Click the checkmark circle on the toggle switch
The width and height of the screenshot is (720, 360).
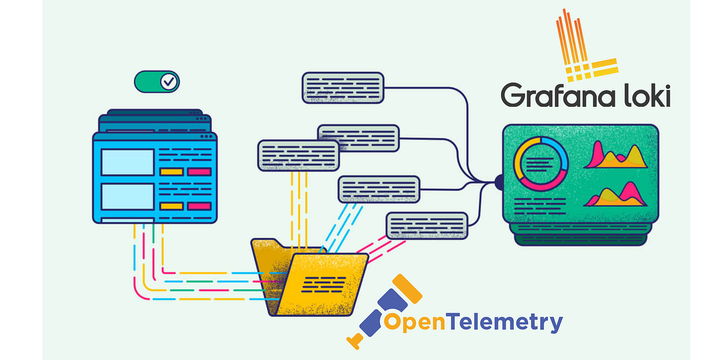pyautogui.click(x=169, y=82)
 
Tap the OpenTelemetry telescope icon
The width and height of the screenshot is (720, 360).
pyautogui.click(x=384, y=312)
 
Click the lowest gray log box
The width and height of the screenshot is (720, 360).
pyautogui.click(x=427, y=226)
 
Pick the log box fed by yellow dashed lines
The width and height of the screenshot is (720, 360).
pyautogui.click(x=298, y=155)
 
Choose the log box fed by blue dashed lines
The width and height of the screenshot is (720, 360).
pyautogui.click(x=379, y=190)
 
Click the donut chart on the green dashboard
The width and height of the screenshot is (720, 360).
pyautogui.click(x=541, y=162)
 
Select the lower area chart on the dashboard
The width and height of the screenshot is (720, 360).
pyautogui.click(x=616, y=194)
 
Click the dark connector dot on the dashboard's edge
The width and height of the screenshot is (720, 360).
pyautogui.click(x=499, y=180)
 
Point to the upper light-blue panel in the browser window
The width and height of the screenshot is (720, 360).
pyautogui.click(x=127, y=162)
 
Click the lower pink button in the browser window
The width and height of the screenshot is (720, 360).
pyautogui.click(x=199, y=206)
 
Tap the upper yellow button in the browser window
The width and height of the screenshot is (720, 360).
pyautogui.click(x=171, y=172)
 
